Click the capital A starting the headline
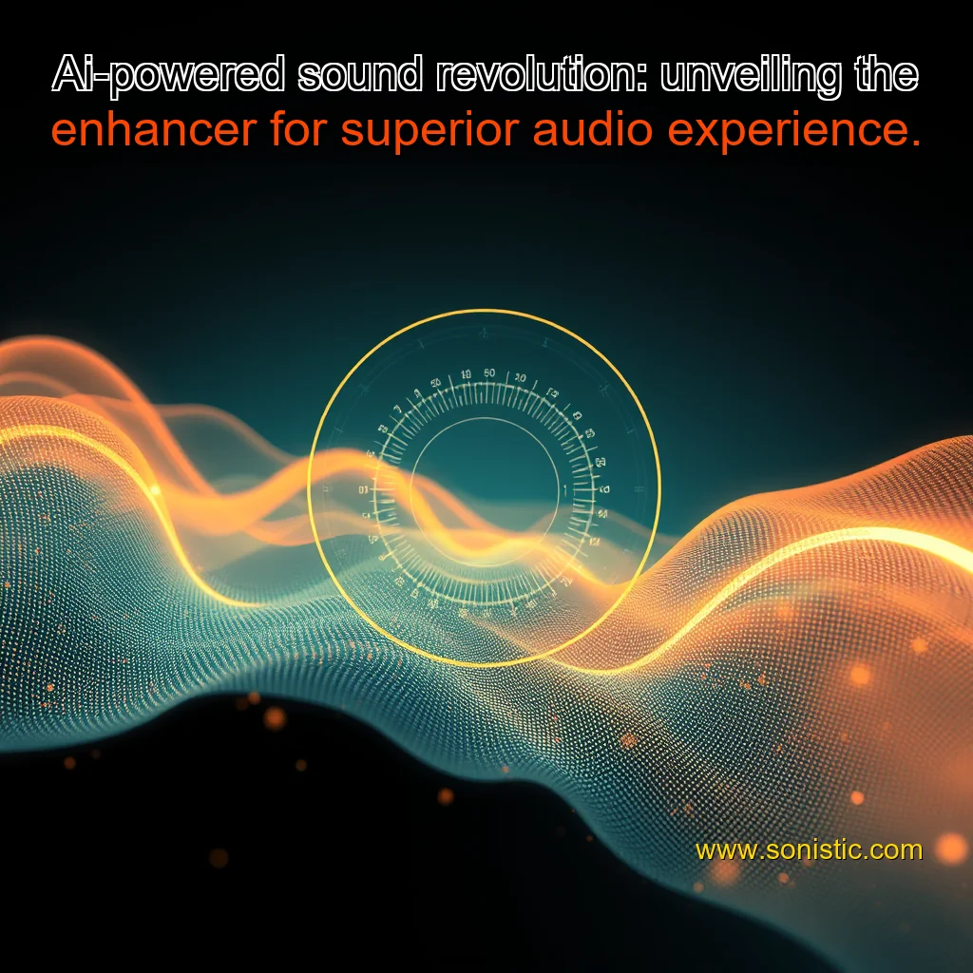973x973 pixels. click(67, 75)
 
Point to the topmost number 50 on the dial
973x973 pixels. click(489, 373)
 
